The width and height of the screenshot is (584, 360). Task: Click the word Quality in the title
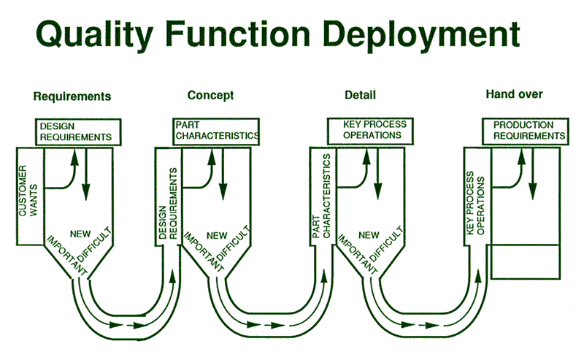[95, 34]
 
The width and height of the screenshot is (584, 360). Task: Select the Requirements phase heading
[72, 96]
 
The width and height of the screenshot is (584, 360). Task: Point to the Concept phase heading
[210, 96]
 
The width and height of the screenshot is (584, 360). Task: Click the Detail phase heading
[360, 95]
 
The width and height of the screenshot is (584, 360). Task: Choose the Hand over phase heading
[514, 94]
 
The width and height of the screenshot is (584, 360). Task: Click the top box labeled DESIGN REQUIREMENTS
[78, 132]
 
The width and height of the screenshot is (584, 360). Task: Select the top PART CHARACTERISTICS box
[216, 131]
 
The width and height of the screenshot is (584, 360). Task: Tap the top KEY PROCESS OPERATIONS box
[370, 131]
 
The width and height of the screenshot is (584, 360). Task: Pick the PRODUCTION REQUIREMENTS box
[526, 131]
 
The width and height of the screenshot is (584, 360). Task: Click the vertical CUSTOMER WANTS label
[28, 191]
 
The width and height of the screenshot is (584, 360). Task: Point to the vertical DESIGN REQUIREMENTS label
[168, 204]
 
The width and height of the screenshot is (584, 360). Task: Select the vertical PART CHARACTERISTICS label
[321, 196]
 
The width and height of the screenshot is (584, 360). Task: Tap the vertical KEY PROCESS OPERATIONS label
[476, 203]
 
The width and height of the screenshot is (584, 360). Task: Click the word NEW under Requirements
[80, 234]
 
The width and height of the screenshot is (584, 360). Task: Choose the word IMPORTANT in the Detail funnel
[358, 254]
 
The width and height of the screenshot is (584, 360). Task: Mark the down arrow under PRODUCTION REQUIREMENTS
[533, 174]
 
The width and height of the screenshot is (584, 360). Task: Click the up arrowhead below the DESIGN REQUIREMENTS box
[75, 157]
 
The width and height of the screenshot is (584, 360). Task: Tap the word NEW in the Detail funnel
[369, 235]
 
